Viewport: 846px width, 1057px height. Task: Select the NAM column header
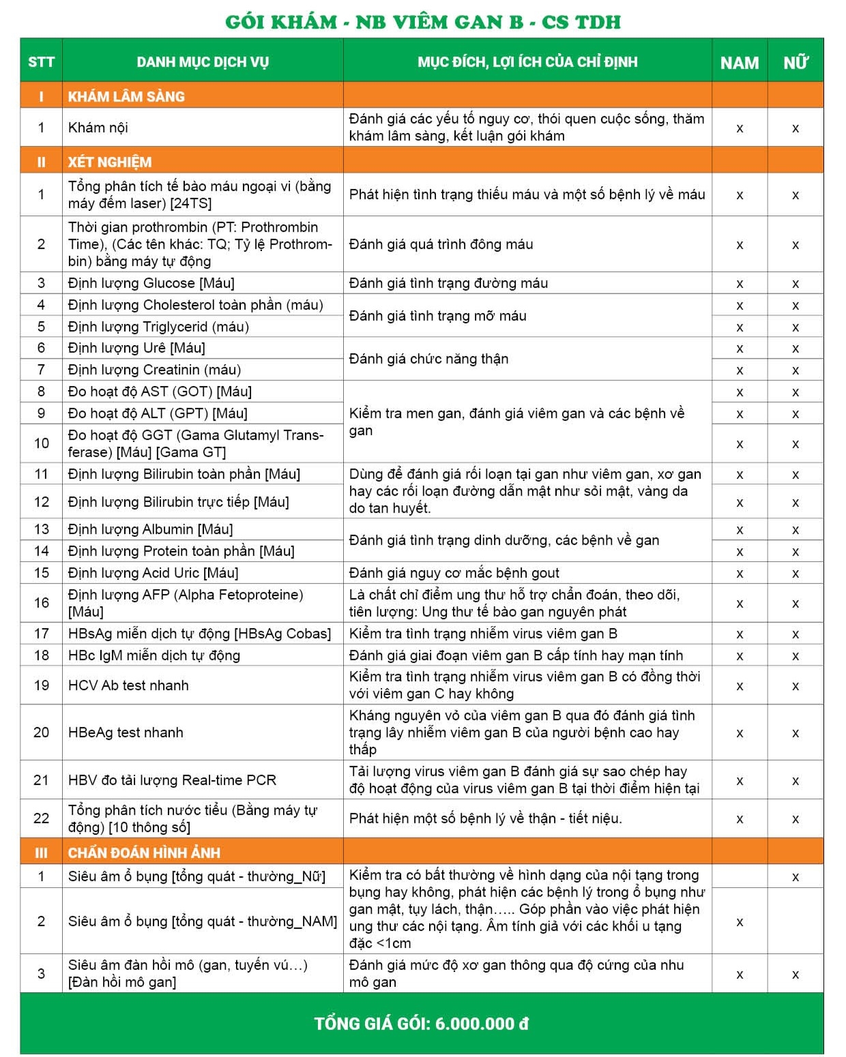pos(739,63)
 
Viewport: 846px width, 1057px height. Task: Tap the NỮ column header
pos(795,63)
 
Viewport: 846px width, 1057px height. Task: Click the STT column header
pos(41,62)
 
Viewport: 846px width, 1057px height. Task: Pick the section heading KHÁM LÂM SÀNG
pos(126,96)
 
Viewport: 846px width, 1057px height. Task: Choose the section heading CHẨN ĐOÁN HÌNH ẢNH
pos(144,852)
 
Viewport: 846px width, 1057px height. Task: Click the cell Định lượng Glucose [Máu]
pos(151,283)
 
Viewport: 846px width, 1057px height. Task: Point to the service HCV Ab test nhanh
pos(128,685)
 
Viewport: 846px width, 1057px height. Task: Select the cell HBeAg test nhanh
pos(126,732)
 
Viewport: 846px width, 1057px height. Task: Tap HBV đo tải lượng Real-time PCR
pos(172,780)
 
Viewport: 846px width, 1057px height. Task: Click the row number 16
pos(41,603)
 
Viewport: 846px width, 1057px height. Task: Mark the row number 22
pos(41,818)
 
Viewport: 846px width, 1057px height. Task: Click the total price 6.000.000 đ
pos(482,1024)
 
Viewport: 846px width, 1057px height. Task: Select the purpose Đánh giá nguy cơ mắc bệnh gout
pos(454,573)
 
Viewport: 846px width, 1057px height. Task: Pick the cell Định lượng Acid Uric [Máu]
pos(153,573)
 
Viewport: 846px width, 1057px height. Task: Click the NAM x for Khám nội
pos(740,128)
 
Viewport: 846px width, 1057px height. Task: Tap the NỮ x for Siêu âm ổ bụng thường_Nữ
pos(796,877)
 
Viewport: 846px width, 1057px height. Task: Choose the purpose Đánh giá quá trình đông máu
pos(441,244)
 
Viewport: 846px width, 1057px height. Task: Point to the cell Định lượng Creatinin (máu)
pos(154,370)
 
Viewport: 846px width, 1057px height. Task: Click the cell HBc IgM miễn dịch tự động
pos(154,655)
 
